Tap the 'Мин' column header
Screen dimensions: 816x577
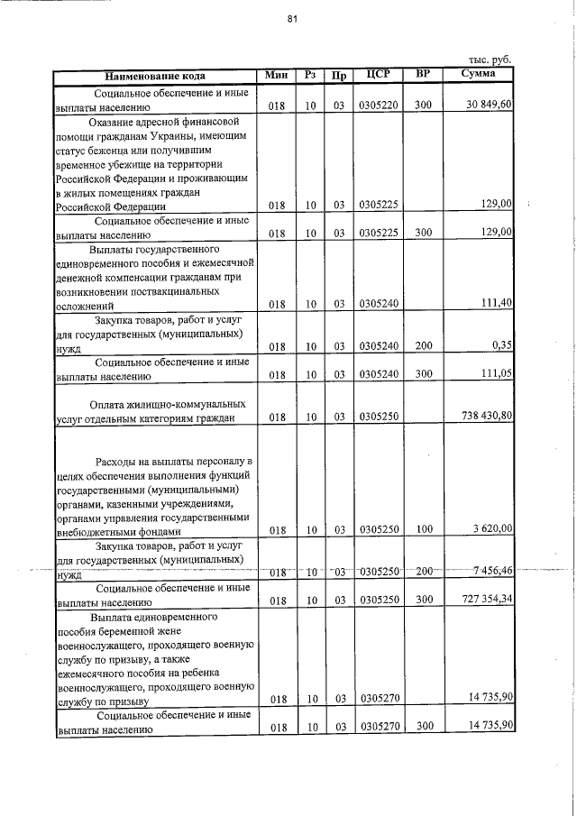pos(276,75)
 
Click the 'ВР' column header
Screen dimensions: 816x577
pos(423,74)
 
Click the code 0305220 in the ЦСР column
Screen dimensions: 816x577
pos(378,106)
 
